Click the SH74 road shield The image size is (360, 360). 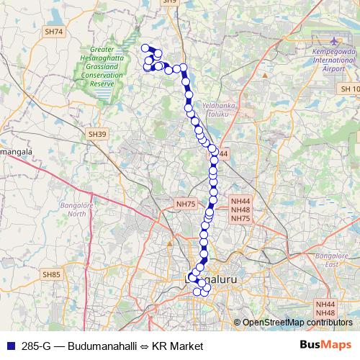click(54, 32)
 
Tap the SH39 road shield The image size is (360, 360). click(98, 134)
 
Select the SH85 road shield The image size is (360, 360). click(52, 274)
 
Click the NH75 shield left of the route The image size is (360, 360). click(186, 204)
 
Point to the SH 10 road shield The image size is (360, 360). click(348, 88)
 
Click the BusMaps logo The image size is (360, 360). click(325, 346)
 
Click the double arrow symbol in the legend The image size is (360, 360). click(141, 346)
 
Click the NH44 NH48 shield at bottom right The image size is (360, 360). click(325, 309)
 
